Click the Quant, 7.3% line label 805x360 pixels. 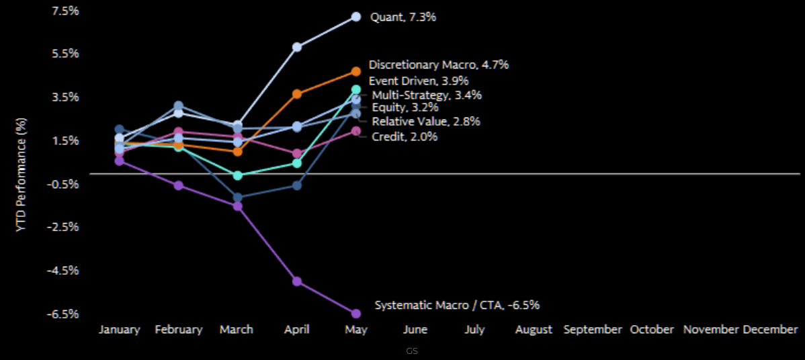pyautogui.click(x=403, y=17)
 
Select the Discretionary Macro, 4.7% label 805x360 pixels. pyautogui.click(x=439, y=65)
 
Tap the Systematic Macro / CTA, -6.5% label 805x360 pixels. pyautogui.click(x=457, y=305)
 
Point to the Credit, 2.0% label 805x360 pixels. pyautogui.click(x=405, y=136)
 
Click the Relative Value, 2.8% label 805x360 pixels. pyautogui.click(x=426, y=122)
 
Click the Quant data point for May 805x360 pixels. pyautogui.click(x=356, y=17)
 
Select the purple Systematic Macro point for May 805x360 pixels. pyautogui.click(x=356, y=314)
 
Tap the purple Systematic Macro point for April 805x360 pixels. pyautogui.click(x=296, y=281)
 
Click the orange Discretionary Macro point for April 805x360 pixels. pyautogui.click(x=296, y=94)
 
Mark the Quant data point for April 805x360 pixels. pyautogui.click(x=296, y=47)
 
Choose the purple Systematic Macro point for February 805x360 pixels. pyautogui.click(x=178, y=185)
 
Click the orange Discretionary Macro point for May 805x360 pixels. pyautogui.click(x=356, y=71)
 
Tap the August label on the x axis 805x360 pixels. pyautogui.click(x=534, y=330)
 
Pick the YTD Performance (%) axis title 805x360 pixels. pyautogui.click(x=22, y=175)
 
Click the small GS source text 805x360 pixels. pyautogui.click(x=412, y=351)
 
